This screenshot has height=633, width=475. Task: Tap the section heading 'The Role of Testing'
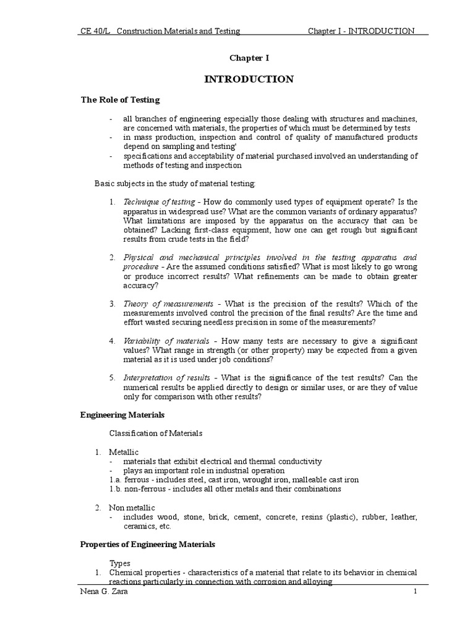[x=120, y=100]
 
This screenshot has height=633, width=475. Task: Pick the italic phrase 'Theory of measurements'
[x=168, y=304]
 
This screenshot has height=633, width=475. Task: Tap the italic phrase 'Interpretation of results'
[x=168, y=378]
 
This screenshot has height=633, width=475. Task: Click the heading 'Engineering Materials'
[x=122, y=415]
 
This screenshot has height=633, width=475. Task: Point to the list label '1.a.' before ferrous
[x=116, y=480]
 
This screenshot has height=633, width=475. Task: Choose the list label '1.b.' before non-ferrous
[x=116, y=489]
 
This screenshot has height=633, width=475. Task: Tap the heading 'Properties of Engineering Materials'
[x=148, y=544]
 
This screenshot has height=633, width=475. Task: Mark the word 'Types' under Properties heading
[x=120, y=563]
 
